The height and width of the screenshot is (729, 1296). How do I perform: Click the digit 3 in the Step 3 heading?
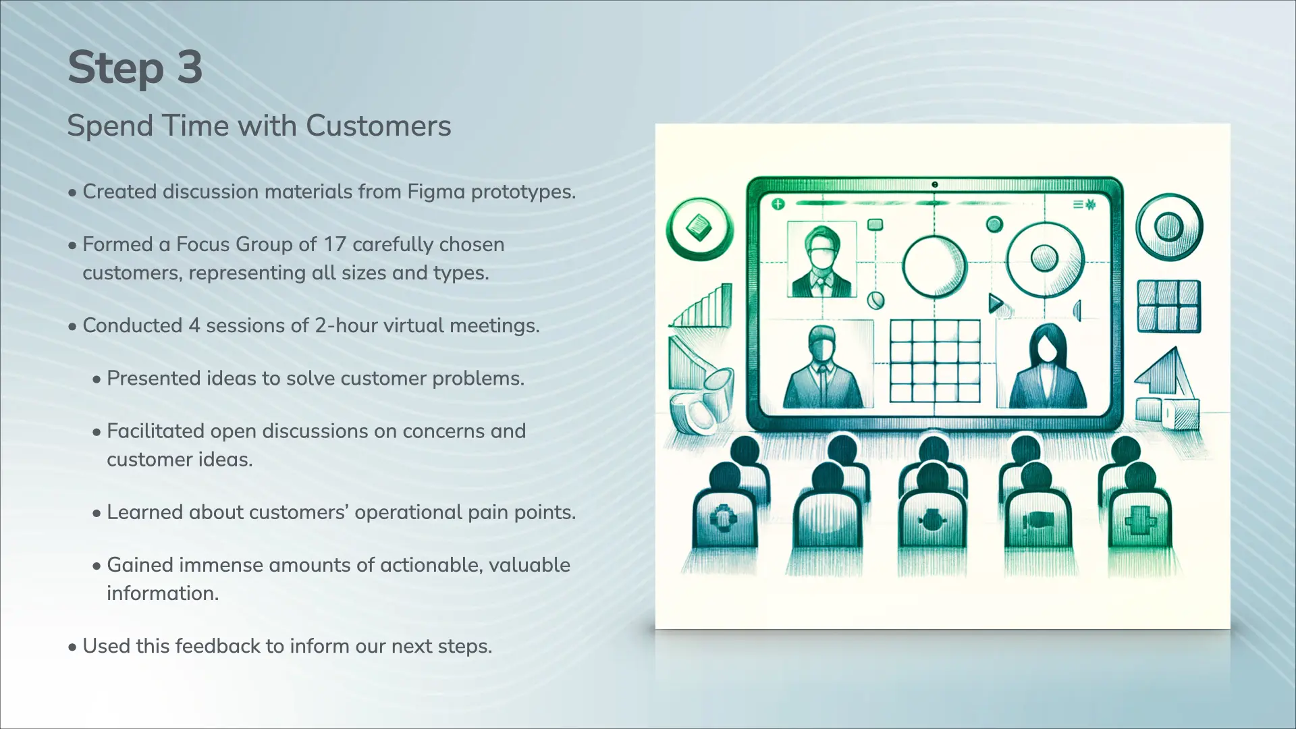190,67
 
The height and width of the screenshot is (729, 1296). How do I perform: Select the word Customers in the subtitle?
378,126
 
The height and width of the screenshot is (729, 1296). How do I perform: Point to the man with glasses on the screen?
821,261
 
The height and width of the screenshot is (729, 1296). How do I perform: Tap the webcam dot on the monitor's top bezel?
935,184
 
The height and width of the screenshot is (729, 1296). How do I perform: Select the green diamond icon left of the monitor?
699,227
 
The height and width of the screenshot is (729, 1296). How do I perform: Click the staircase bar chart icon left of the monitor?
702,307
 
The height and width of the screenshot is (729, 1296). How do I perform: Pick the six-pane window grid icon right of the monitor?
1169,306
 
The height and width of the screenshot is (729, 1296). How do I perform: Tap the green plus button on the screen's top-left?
778,204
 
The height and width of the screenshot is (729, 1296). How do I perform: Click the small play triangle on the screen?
996,303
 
